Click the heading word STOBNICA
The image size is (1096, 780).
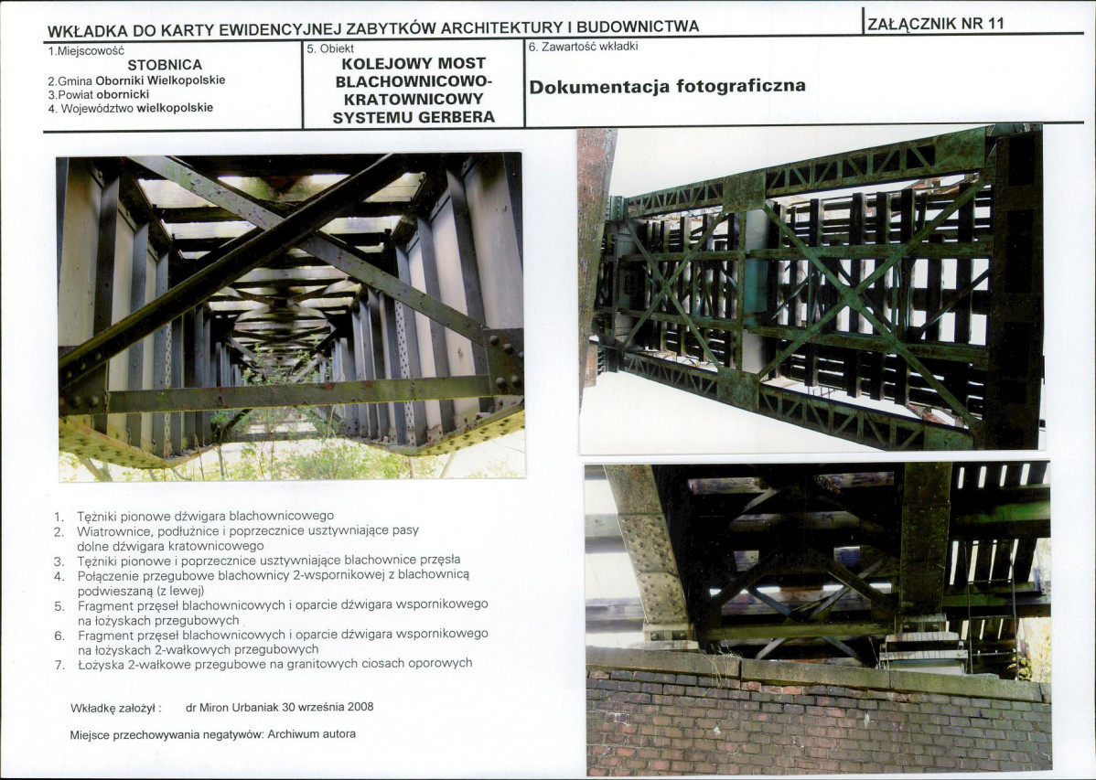point(165,65)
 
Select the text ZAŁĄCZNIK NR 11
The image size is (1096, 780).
point(935,24)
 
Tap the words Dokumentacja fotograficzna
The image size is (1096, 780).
point(667,87)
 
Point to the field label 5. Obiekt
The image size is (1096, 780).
point(330,48)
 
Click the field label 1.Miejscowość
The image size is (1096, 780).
point(85,51)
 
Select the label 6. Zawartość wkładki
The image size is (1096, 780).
point(584,46)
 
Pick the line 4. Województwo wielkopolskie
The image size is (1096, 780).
point(130,108)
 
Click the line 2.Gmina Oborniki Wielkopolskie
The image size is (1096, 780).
point(135,80)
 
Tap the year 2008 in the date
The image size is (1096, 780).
point(359,707)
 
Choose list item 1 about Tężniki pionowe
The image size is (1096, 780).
point(205,516)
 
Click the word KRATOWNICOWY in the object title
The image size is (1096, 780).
point(414,99)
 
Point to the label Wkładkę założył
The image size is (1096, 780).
point(115,708)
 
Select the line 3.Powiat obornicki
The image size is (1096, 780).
point(98,94)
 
